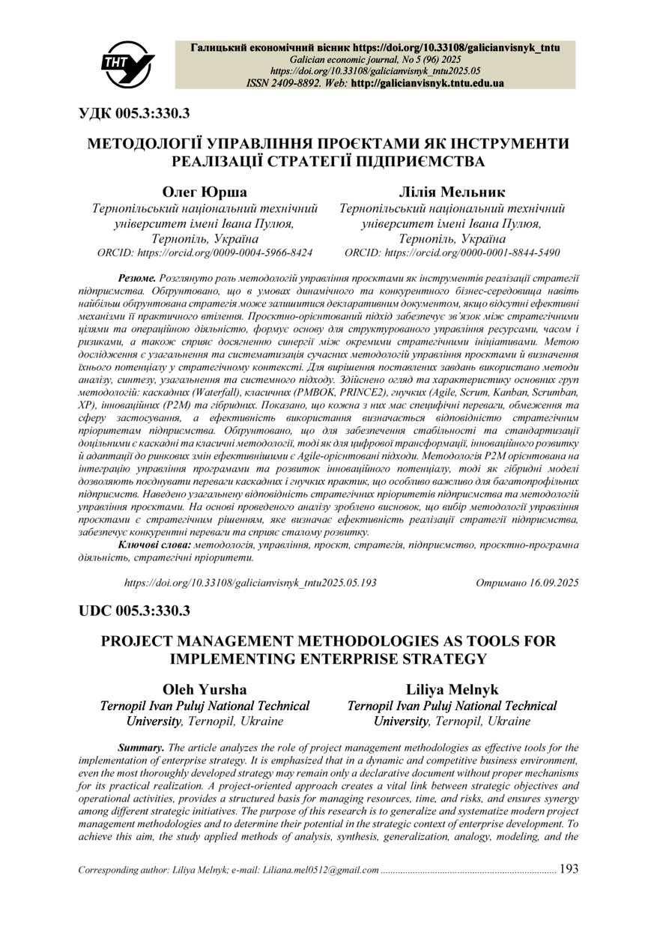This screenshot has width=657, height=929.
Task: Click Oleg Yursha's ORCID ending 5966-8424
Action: tap(205, 253)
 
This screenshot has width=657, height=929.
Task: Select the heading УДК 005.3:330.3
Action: tap(135, 114)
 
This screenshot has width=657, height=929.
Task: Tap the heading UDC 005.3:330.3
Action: tap(135, 611)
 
